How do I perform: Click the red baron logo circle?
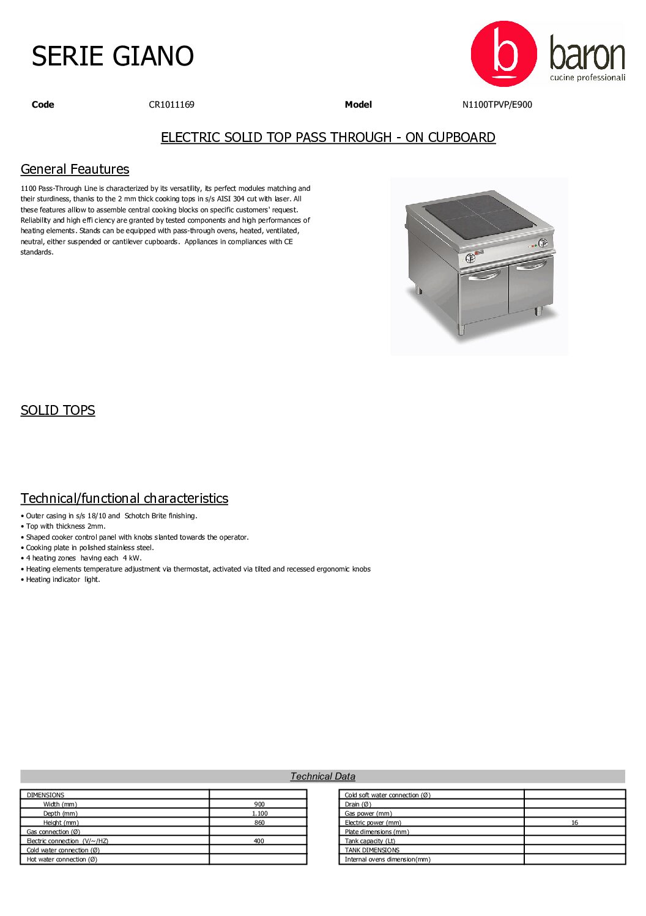503,54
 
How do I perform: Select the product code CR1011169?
171,105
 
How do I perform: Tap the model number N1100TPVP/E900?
497,105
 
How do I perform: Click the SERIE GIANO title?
113,56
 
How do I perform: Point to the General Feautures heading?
75,169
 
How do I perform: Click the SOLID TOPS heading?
58,411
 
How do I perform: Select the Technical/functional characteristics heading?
124,499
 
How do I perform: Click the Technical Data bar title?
322,776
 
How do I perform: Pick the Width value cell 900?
259,805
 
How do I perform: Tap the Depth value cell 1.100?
259,814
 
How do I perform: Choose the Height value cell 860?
259,823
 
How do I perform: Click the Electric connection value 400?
259,841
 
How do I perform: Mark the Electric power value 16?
574,823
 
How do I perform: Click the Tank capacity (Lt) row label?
369,841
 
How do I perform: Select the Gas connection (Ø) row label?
53,832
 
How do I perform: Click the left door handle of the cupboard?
484,275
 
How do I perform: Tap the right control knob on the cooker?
543,243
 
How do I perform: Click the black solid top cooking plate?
479,216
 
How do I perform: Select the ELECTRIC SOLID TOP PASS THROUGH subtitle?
328,138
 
